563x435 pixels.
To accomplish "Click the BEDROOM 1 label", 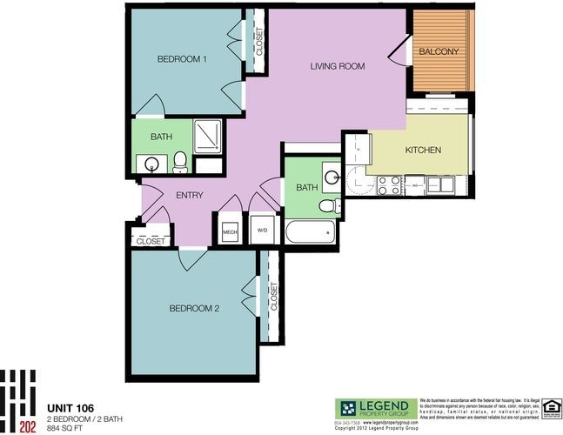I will (181, 59).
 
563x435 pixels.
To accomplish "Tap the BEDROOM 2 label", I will (193, 309).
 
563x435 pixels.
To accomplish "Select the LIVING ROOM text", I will (338, 66).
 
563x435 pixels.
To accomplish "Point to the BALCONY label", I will (439, 51).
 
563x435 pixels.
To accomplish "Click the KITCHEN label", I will (423, 151).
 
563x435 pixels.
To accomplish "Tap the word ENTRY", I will (189, 195).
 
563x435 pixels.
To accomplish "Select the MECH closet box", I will (230, 231).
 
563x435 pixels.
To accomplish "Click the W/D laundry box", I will (261, 231).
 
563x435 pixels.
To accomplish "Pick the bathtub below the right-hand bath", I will (309, 233).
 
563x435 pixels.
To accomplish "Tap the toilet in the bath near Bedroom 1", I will (180, 161).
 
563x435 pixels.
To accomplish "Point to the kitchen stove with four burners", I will (389, 184).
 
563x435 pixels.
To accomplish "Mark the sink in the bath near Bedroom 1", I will (151, 163).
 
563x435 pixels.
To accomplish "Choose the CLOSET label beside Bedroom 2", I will (273, 297).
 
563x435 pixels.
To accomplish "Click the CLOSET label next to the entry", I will (151, 240).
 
